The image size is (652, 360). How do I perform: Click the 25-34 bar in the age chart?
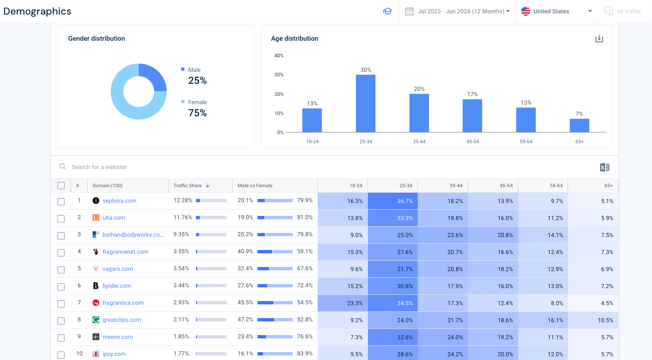365,103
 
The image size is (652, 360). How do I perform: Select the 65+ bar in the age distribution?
579,125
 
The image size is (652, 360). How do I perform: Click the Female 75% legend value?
197,113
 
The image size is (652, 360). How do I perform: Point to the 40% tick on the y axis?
279,56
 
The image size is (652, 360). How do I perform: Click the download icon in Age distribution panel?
599,39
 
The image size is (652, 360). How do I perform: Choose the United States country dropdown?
556,11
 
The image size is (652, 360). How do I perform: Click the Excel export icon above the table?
604,167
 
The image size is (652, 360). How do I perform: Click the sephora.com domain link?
119,201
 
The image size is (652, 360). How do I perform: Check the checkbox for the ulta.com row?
61,218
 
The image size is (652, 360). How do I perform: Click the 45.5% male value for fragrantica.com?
245,303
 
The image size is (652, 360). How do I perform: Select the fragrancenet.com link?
125,252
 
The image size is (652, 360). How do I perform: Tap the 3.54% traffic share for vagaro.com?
181,269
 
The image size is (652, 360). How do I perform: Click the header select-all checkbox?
61,186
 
